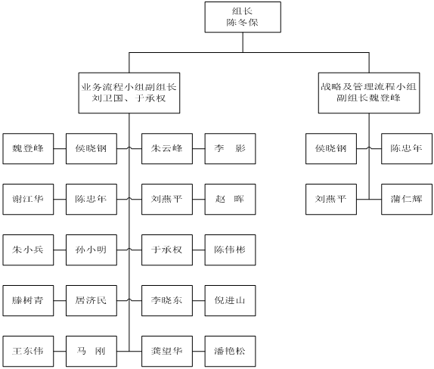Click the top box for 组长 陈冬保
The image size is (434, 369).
pos(243,17)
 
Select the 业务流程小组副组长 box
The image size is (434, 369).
pos(129,93)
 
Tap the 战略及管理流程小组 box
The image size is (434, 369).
pos(369,93)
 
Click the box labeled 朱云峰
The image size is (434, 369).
pos(167,149)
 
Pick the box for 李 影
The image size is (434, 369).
pos(231,149)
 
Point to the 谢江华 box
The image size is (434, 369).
pos(28,200)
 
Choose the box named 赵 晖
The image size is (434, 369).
pos(231,200)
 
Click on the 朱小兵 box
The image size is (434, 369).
pos(28,250)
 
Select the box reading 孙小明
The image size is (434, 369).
pos(91,250)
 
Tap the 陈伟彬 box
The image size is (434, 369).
pos(231,250)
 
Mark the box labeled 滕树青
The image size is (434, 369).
pos(28,301)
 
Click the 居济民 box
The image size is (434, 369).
pos(91,301)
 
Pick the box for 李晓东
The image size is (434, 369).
pos(167,301)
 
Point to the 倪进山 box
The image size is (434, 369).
pos(231,301)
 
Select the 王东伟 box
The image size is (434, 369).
pos(28,352)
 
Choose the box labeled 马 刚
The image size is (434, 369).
pos(91,352)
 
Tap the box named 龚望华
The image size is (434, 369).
pos(167,352)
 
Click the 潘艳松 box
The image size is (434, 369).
pos(231,352)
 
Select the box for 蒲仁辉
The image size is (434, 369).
pos(406,200)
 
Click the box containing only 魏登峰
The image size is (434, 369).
pos(28,149)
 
